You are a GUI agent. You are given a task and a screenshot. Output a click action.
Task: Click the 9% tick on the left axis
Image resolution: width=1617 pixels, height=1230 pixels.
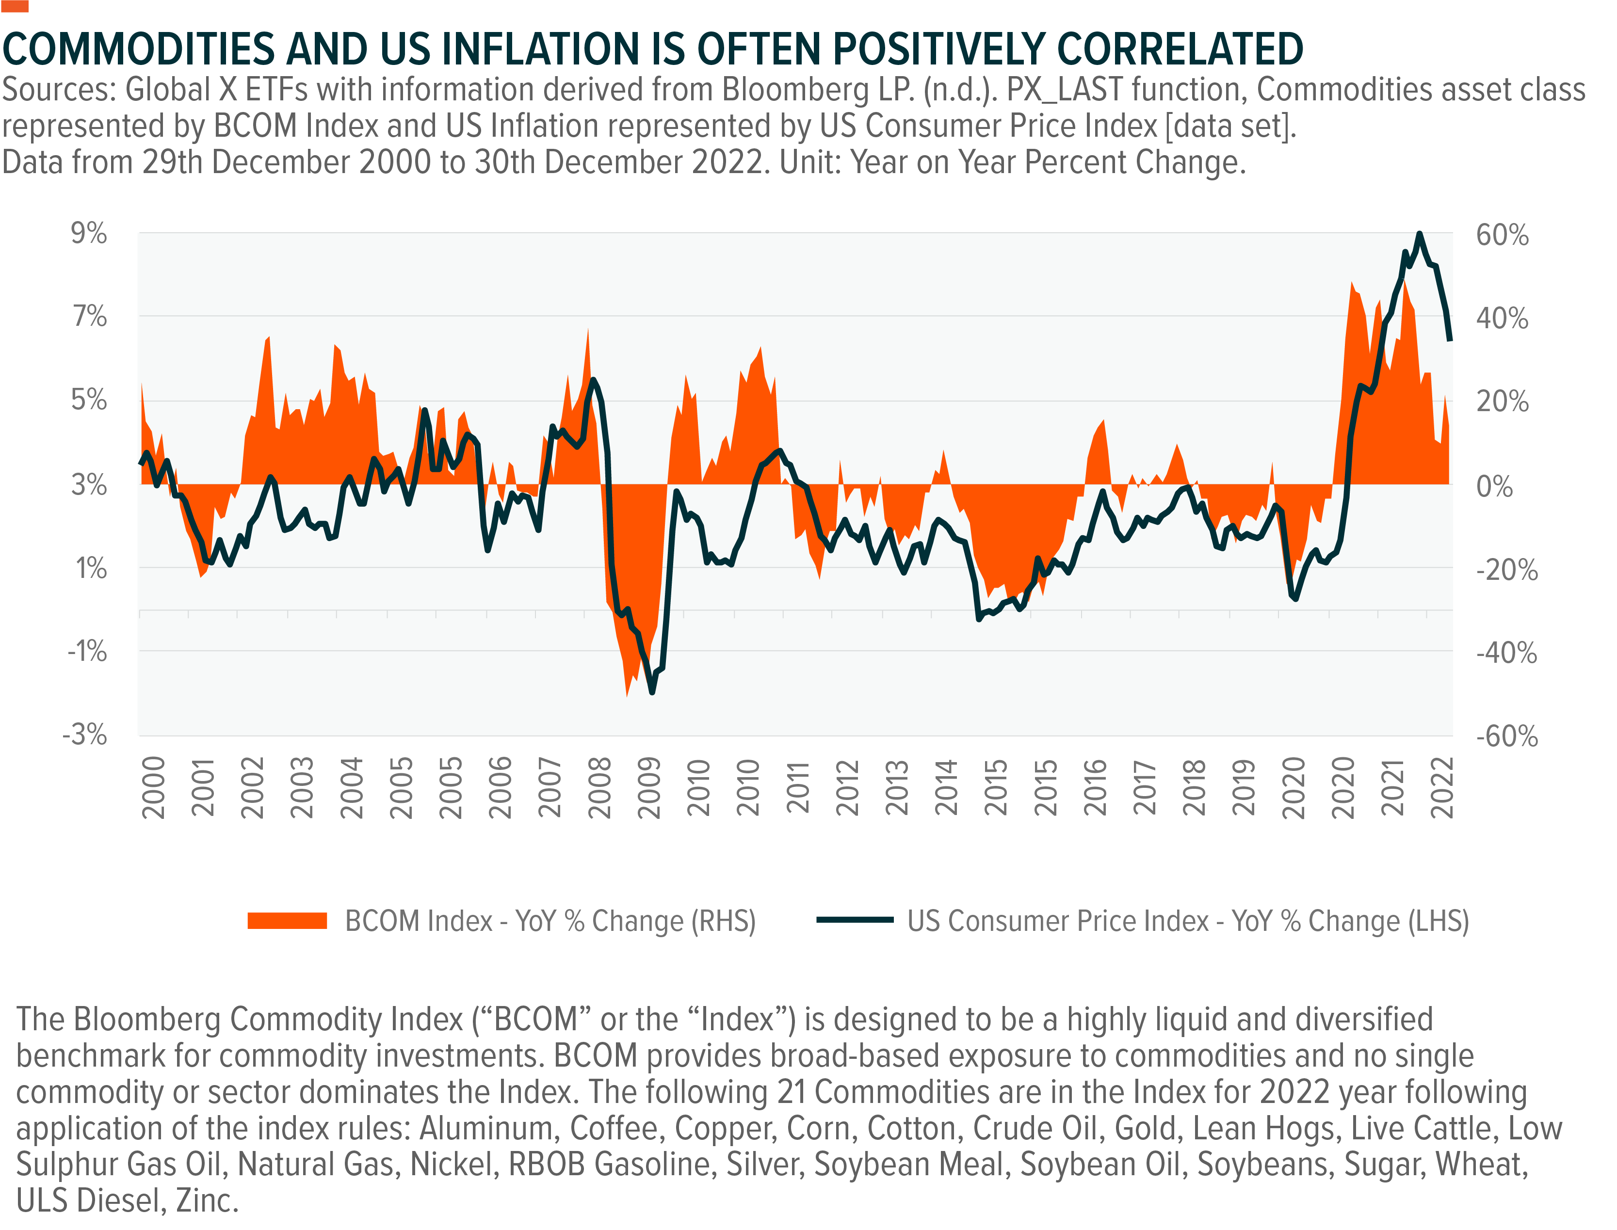click(x=89, y=234)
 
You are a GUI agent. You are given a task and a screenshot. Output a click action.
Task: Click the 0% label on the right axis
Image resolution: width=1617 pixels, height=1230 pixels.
click(x=1494, y=486)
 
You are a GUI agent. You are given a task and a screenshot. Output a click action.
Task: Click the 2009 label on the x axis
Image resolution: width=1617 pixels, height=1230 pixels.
click(x=649, y=788)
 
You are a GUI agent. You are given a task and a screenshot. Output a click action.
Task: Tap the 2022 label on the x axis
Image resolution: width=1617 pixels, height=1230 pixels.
click(x=1442, y=788)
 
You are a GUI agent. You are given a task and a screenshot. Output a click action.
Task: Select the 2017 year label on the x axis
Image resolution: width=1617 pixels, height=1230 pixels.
click(x=1145, y=788)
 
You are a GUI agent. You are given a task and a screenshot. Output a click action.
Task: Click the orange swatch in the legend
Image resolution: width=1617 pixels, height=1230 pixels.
click(x=287, y=920)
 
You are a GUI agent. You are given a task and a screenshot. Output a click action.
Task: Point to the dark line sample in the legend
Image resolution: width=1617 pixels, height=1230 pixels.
click(x=855, y=920)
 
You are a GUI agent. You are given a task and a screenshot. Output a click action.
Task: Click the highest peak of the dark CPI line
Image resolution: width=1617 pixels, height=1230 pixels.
click(x=1419, y=234)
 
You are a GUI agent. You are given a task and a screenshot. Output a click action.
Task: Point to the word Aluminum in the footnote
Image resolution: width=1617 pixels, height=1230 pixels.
click(x=485, y=1128)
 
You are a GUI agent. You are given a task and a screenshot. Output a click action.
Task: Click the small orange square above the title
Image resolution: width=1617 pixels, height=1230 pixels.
click(x=15, y=6)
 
